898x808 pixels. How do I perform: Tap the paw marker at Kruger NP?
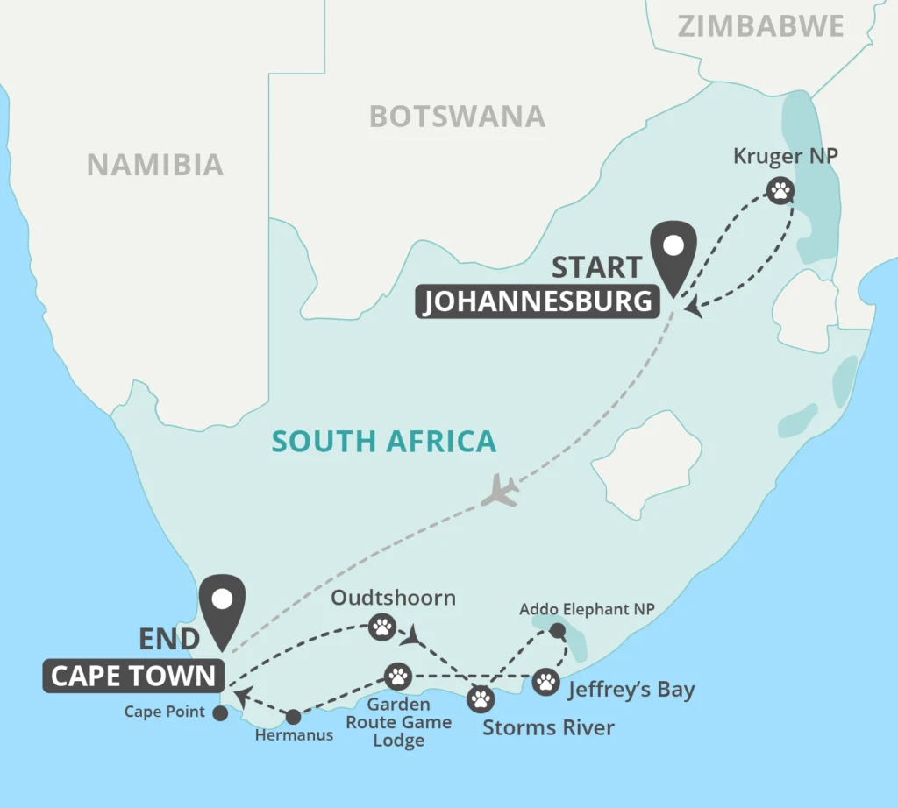click(x=780, y=189)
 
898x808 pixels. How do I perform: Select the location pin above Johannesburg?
click(x=673, y=252)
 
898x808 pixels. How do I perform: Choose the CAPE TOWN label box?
click(x=133, y=676)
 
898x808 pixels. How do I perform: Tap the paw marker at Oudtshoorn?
click(x=381, y=626)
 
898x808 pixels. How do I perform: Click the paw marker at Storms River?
click(x=481, y=698)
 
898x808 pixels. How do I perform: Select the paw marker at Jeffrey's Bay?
click(x=545, y=681)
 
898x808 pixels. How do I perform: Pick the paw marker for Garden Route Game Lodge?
click(x=398, y=676)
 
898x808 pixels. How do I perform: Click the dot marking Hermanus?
click(x=294, y=716)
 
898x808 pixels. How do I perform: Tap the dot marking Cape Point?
click(x=219, y=713)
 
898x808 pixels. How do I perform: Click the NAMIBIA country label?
click(x=154, y=164)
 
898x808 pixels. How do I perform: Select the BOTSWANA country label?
click(x=457, y=117)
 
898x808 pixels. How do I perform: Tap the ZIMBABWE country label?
click(x=761, y=26)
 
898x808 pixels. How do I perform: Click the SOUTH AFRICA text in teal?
click(x=384, y=441)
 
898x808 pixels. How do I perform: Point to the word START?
click(x=596, y=266)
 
